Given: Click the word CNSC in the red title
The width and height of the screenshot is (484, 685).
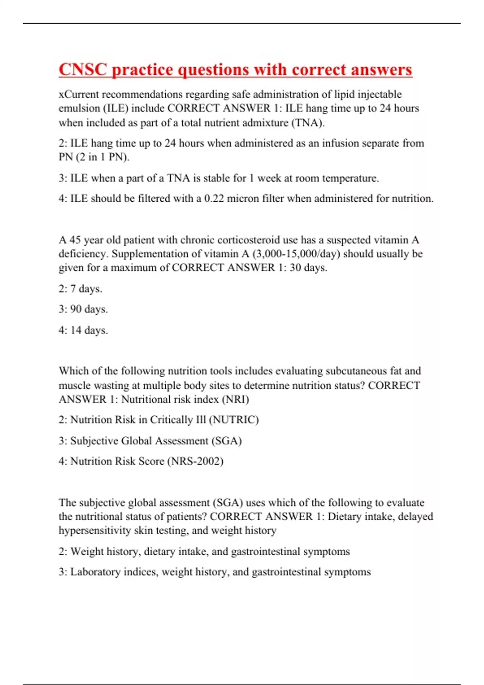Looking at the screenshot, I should point(83,69).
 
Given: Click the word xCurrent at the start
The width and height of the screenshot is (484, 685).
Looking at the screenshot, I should point(79,94).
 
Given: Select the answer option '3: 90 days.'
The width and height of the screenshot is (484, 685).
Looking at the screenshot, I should point(83,309).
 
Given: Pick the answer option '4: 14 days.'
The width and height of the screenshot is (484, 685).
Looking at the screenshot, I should point(83,330).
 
